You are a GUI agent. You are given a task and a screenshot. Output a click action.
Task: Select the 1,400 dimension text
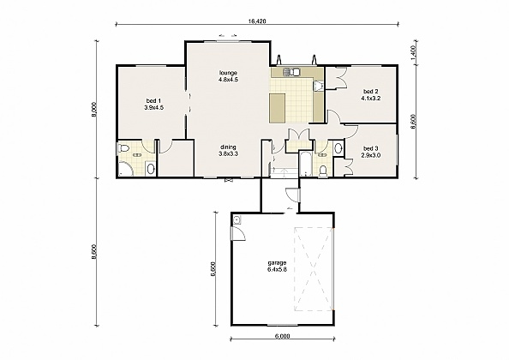click(414, 52)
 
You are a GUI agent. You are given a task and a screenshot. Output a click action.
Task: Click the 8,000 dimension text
click(94, 112)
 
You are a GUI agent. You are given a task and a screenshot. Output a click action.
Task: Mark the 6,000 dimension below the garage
click(282, 337)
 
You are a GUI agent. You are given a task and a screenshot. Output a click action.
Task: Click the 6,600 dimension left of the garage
click(214, 271)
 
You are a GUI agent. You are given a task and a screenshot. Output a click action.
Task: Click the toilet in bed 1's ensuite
click(124, 151)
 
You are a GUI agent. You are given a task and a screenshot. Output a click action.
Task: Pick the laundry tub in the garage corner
click(237, 219)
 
